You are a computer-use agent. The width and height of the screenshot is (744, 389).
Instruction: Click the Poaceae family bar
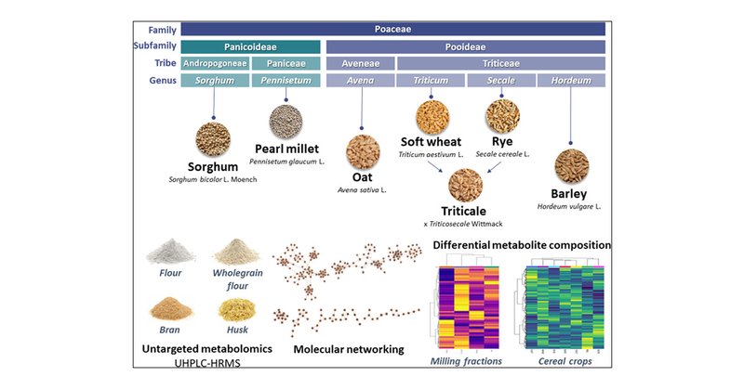point(392,29)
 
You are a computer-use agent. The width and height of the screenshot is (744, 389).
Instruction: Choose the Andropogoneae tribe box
point(214,63)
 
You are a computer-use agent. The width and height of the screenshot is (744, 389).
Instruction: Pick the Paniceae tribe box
point(285,63)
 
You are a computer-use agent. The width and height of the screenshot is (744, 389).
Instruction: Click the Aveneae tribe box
point(359,63)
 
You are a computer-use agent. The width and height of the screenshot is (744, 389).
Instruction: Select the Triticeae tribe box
point(500,63)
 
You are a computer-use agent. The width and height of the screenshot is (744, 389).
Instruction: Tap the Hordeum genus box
point(571,81)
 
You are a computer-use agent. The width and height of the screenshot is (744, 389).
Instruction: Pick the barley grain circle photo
point(571,165)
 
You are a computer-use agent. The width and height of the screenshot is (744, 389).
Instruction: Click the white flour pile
point(169,252)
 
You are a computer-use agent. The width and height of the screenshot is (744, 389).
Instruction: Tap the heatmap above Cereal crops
point(555,303)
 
